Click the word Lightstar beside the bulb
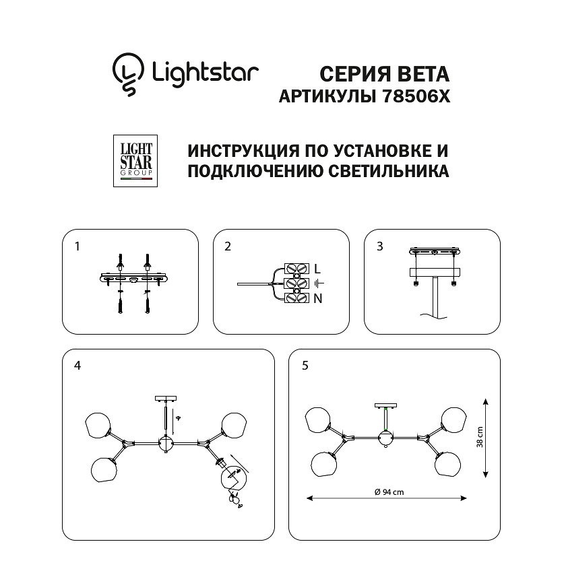point(206,73)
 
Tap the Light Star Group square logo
point(135,161)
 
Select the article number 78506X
point(416,96)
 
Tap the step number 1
point(77,246)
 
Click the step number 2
point(228,246)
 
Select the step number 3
point(380,246)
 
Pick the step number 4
point(77,366)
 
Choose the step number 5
point(305,366)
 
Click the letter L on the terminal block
point(317,269)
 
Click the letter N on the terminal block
point(318,299)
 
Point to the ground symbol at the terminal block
point(319,283)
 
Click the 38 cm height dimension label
point(480,437)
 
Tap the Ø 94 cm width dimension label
point(389,492)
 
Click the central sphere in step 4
point(166,444)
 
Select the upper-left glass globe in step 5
point(318,419)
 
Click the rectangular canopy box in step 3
point(435,273)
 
